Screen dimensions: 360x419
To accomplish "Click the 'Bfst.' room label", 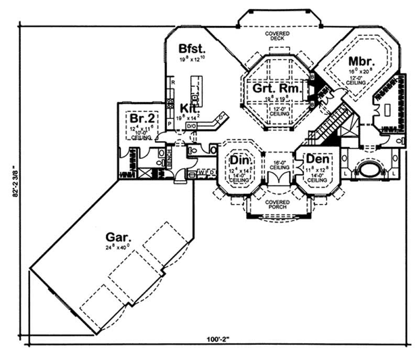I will click(x=191, y=48).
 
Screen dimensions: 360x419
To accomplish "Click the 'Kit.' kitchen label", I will click(x=189, y=108).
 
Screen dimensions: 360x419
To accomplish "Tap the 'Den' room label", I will click(x=317, y=158).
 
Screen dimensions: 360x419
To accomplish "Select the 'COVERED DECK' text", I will click(x=278, y=36).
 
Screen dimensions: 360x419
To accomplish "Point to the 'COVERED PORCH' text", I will click(x=278, y=205).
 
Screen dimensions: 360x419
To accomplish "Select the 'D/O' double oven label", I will click(x=191, y=126).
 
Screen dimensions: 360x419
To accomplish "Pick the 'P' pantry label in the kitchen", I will click(x=170, y=124).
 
